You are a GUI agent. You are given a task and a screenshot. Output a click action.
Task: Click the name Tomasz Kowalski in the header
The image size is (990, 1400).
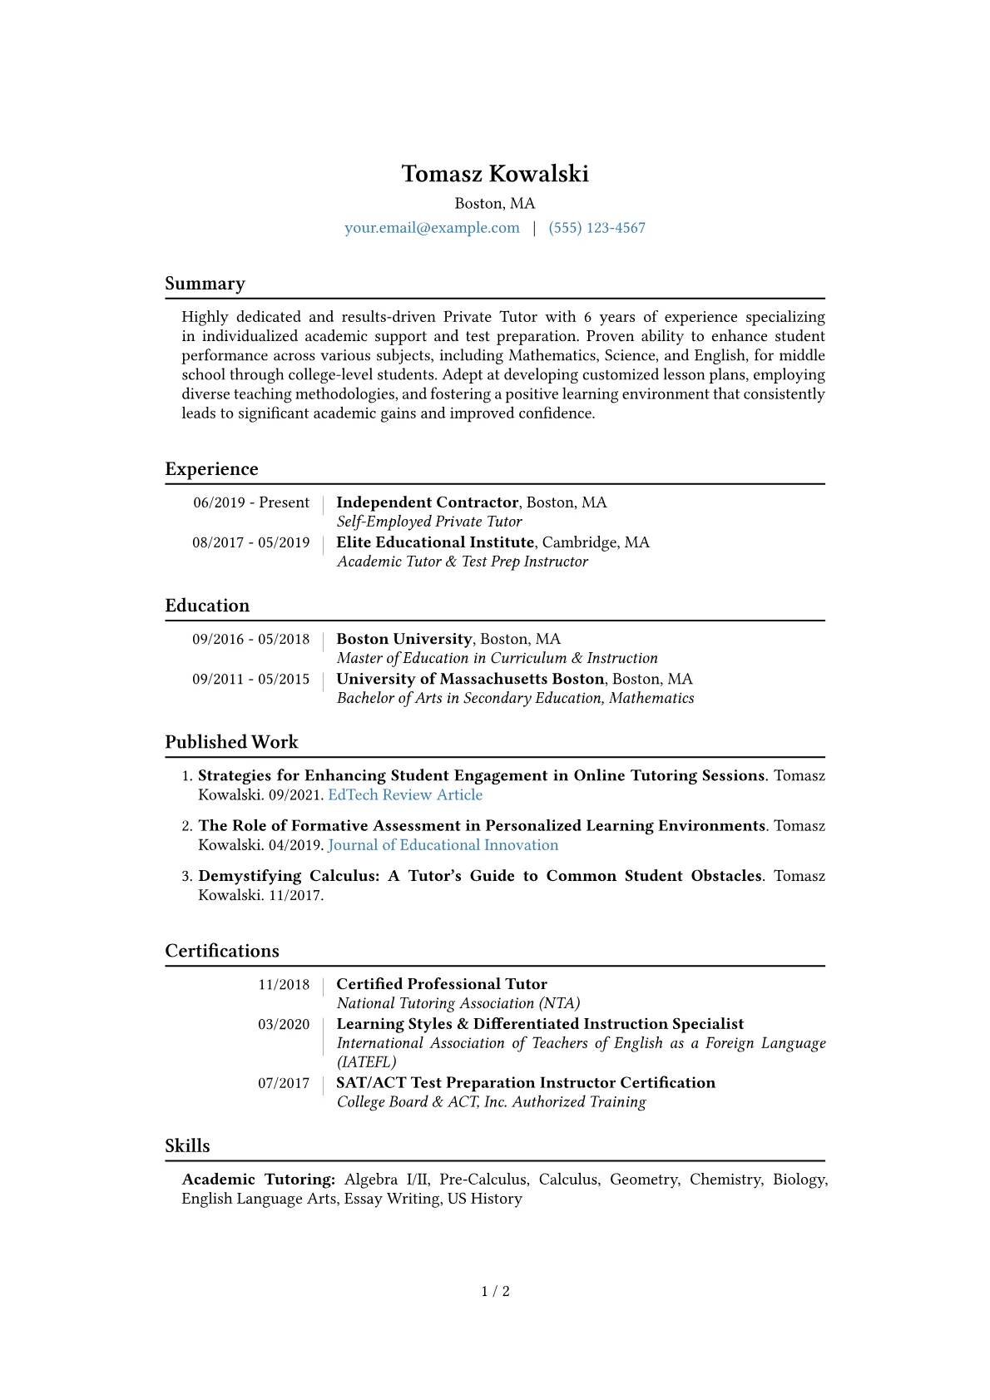point(495,174)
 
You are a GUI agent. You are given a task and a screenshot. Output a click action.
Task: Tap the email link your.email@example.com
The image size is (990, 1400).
point(432,228)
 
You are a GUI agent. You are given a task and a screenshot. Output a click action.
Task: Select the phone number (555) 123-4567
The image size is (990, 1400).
point(596,228)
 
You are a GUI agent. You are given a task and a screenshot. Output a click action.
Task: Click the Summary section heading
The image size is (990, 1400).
point(205,284)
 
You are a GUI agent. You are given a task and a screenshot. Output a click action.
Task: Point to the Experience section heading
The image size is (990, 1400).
point(211,469)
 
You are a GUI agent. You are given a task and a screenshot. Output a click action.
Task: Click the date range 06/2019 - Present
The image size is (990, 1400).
point(251,502)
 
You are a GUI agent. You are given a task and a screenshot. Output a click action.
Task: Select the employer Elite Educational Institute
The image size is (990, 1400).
point(435,542)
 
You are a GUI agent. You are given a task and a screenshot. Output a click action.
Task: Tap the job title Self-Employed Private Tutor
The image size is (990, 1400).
point(429,522)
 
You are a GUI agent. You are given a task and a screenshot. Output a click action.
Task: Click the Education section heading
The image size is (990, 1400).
point(207,606)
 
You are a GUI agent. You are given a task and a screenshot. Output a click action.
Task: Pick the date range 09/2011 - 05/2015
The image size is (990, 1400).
point(251,679)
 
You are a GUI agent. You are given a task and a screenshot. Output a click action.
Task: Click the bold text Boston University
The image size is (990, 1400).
point(404,639)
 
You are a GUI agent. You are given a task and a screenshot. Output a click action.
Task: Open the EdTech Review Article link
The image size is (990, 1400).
point(405,794)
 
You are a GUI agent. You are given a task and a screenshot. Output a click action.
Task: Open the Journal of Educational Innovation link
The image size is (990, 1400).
point(443,845)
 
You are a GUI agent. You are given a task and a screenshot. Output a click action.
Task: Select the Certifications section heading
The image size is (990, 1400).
point(222,951)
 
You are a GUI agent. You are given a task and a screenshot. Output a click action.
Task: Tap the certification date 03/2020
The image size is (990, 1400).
point(284,1024)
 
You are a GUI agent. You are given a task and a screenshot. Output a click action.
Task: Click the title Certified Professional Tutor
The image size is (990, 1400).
point(442,984)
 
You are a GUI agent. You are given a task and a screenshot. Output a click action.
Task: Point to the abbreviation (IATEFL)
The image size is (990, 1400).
point(367,1062)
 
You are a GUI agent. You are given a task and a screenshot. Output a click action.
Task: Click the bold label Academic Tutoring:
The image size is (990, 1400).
point(259,1180)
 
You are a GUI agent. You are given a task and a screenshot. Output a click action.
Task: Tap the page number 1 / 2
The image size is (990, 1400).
point(495,1291)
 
